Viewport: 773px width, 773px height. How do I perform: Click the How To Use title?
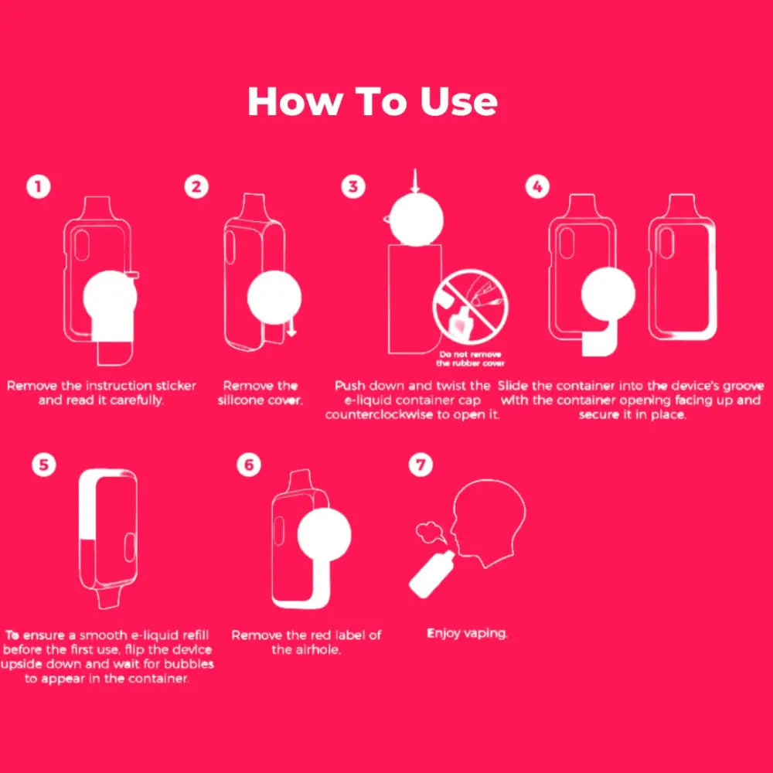click(x=373, y=101)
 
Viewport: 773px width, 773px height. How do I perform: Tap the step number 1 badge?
click(x=39, y=187)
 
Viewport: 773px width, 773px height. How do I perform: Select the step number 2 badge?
click(x=196, y=187)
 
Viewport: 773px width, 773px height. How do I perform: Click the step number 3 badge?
click(x=353, y=187)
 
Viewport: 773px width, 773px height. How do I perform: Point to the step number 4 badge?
click(x=537, y=187)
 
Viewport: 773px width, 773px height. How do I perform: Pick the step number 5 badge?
click(x=44, y=465)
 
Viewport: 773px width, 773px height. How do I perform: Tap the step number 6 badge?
click(x=249, y=465)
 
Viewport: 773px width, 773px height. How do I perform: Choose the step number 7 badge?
click(x=421, y=465)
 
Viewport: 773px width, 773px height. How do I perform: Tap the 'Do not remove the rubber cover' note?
click(x=470, y=359)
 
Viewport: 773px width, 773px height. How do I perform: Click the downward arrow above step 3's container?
click(x=415, y=180)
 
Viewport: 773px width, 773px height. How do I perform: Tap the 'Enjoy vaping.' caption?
click(x=467, y=634)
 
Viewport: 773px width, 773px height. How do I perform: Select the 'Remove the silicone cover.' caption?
click(x=261, y=393)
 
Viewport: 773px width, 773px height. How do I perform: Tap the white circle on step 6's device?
click(x=325, y=535)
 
